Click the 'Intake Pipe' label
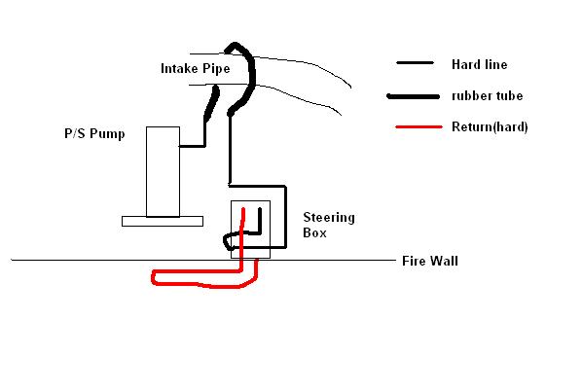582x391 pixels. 195,69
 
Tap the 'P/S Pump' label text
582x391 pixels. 94,133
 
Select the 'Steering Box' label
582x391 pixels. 329,225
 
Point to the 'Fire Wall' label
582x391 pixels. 430,261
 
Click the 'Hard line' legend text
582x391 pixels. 479,64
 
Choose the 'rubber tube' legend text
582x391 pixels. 487,96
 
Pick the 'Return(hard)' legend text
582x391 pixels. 490,126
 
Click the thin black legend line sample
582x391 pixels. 415,62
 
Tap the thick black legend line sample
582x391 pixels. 413,96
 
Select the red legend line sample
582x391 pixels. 419,126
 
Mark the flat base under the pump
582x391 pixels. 163,221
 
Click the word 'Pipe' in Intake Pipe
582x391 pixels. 216,69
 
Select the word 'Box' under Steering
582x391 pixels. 314,232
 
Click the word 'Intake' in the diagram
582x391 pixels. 180,69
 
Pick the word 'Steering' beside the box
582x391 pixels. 329,218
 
